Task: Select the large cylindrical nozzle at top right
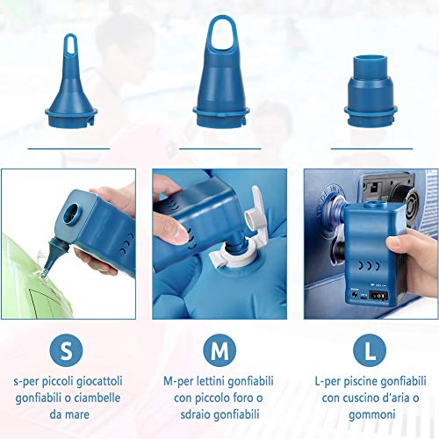[x=371, y=90]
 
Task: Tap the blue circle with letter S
[x=66, y=350]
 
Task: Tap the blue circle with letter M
[x=219, y=350]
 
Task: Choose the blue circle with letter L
[x=370, y=350]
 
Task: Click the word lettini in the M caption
[x=211, y=381]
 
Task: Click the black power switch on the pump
[x=378, y=296]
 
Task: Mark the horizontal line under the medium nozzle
[x=220, y=148]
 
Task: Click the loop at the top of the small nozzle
[x=70, y=44]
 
